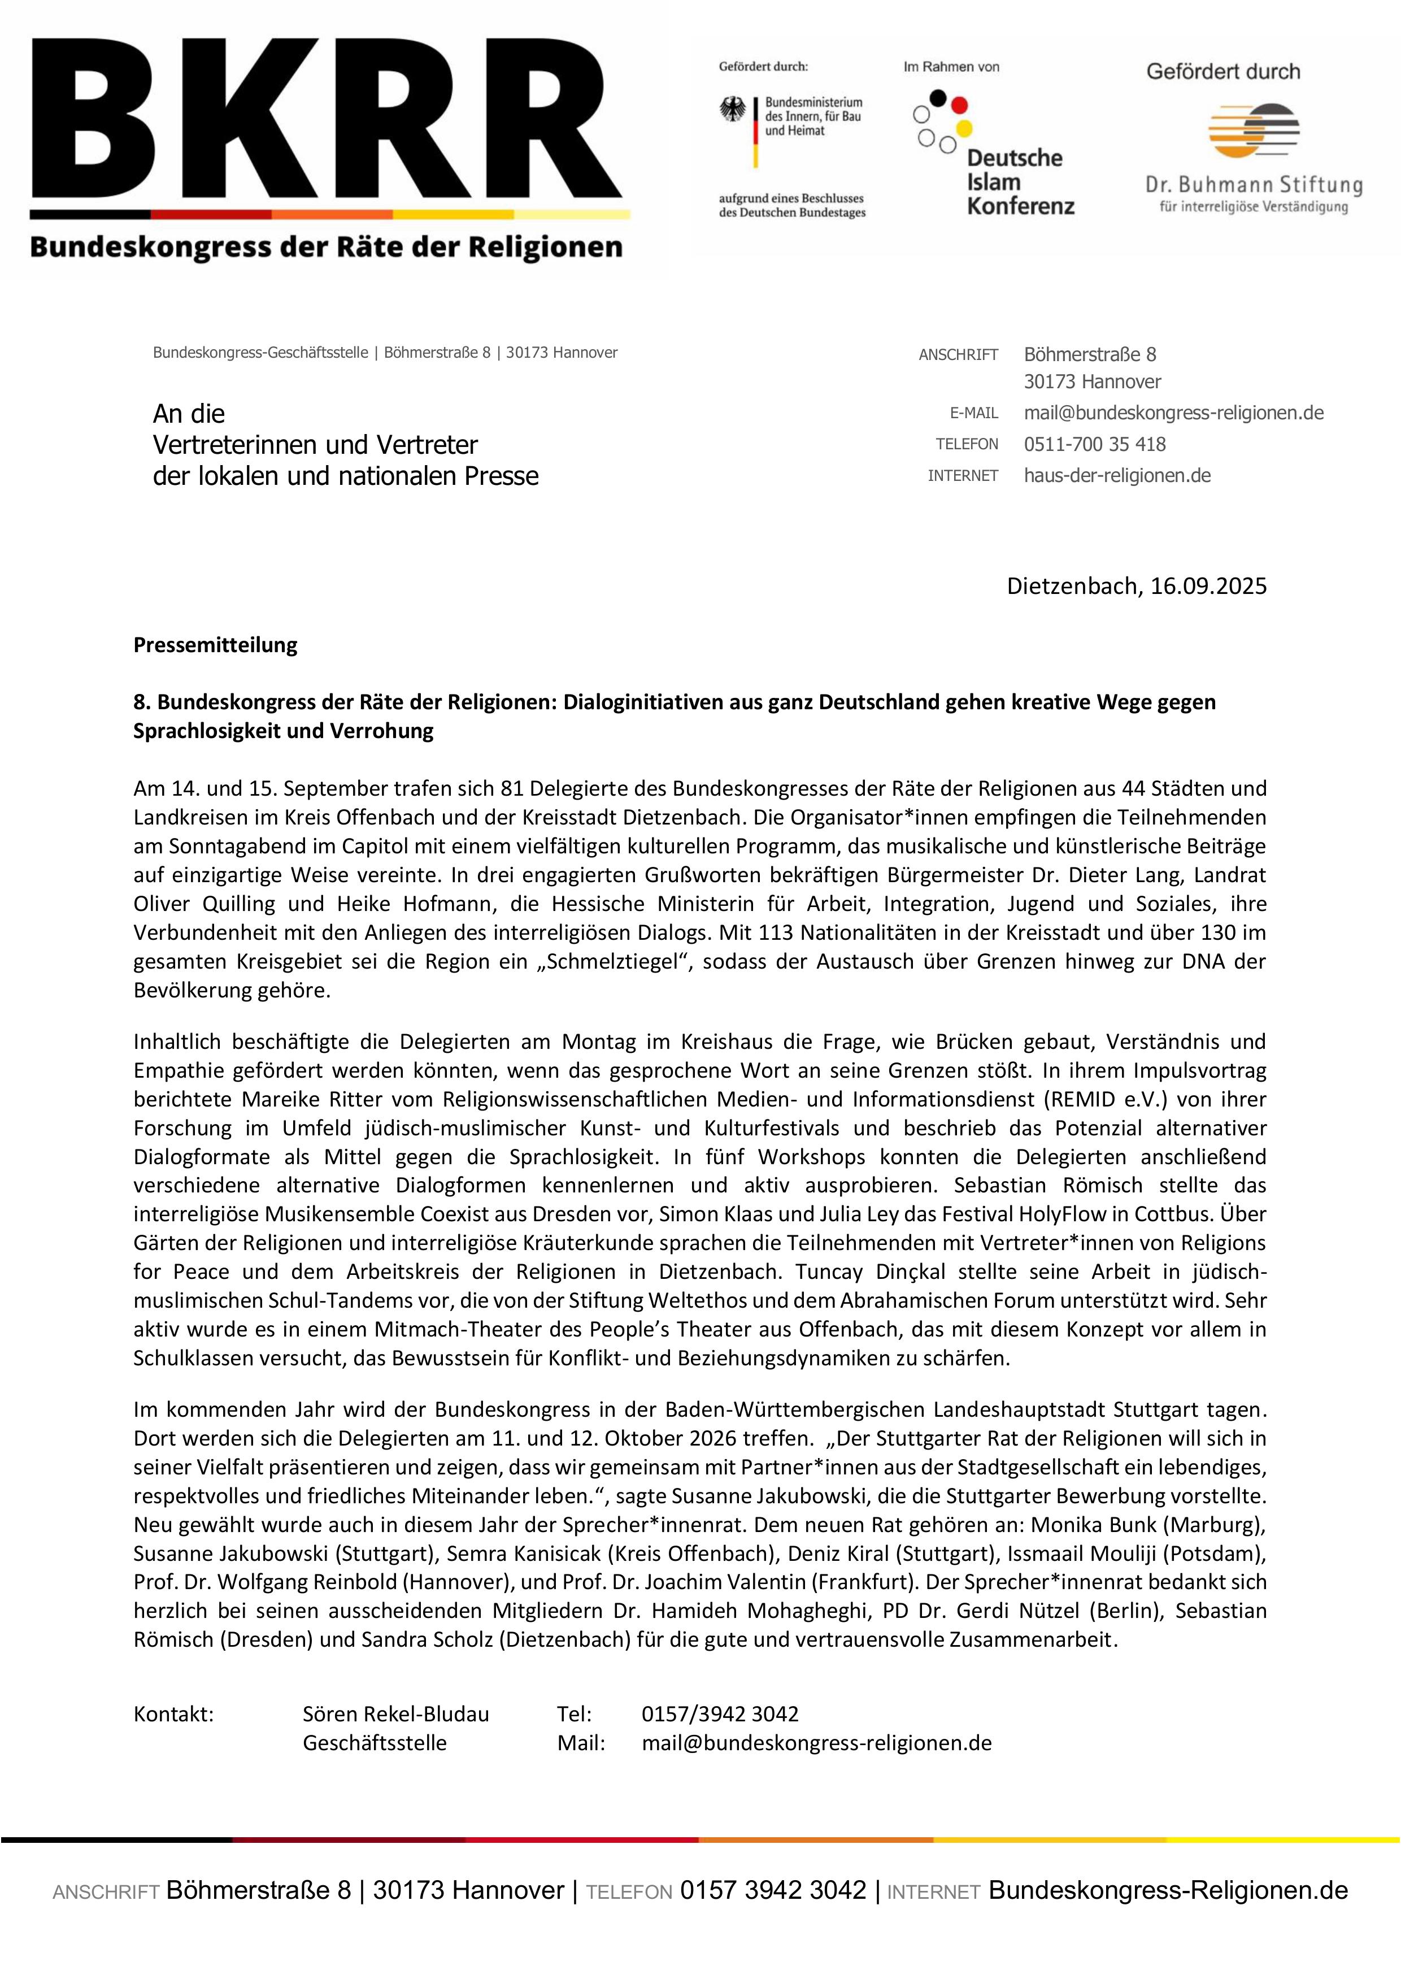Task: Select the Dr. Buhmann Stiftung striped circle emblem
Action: (x=1254, y=131)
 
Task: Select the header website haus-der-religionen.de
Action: (x=1116, y=476)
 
